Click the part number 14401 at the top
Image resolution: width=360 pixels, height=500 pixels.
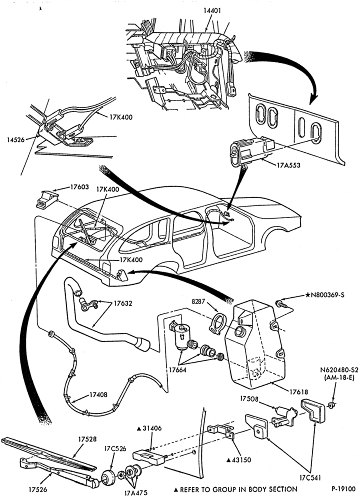click(x=212, y=10)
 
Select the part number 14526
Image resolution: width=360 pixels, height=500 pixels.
click(x=15, y=139)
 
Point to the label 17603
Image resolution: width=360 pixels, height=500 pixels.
click(x=79, y=186)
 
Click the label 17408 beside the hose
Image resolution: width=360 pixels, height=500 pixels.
click(x=98, y=395)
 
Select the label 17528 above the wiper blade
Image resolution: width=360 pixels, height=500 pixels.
click(x=87, y=439)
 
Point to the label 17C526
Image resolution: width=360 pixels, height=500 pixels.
click(x=115, y=448)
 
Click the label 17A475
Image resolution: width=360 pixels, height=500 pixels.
click(x=136, y=492)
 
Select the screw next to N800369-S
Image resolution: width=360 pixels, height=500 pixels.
click(x=281, y=304)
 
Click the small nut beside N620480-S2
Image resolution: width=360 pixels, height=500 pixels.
click(x=330, y=405)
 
